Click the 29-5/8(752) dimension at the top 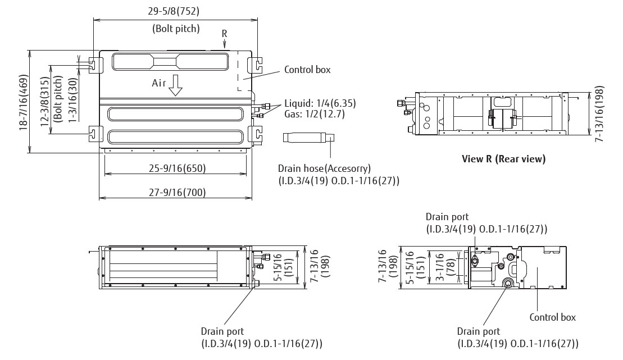[175, 11]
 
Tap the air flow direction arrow [176, 85]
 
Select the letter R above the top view [224, 33]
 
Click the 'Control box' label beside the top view [307, 70]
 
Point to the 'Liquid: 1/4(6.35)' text [320, 103]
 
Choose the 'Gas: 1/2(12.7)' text [314, 114]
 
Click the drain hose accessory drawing [309, 138]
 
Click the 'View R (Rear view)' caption [503, 159]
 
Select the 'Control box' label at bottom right [552, 317]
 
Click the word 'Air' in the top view [160, 83]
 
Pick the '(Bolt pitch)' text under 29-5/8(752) [176, 28]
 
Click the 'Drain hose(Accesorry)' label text [324, 168]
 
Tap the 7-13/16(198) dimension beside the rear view [599, 115]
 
